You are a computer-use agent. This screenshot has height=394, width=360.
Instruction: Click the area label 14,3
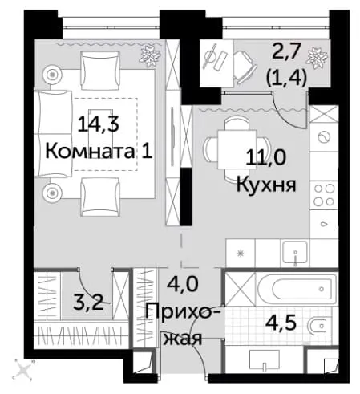(98, 125)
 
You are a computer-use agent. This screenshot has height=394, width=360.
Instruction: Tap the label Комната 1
(99, 152)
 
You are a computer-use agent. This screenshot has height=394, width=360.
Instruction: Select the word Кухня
(266, 185)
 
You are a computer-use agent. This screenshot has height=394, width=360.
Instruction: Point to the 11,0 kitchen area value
(265, 157)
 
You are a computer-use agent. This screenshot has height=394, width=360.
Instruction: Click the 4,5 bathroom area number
(281, 323)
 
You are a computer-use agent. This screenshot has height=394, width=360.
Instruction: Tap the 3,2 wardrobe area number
(88, 303)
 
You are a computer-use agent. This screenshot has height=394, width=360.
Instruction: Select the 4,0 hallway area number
(183, 283)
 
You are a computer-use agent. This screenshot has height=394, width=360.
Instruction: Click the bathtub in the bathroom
(297, 289)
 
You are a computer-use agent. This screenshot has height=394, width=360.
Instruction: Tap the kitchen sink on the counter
(295, 253)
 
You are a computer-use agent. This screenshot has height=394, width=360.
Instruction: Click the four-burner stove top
(324, 195)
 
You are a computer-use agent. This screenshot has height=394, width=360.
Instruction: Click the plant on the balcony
(317, 57)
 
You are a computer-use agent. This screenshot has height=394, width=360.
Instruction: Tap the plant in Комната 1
(151, 56)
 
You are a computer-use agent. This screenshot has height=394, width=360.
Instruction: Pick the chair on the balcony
(245, 66)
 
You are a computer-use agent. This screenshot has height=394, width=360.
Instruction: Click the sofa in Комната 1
(53, 134)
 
